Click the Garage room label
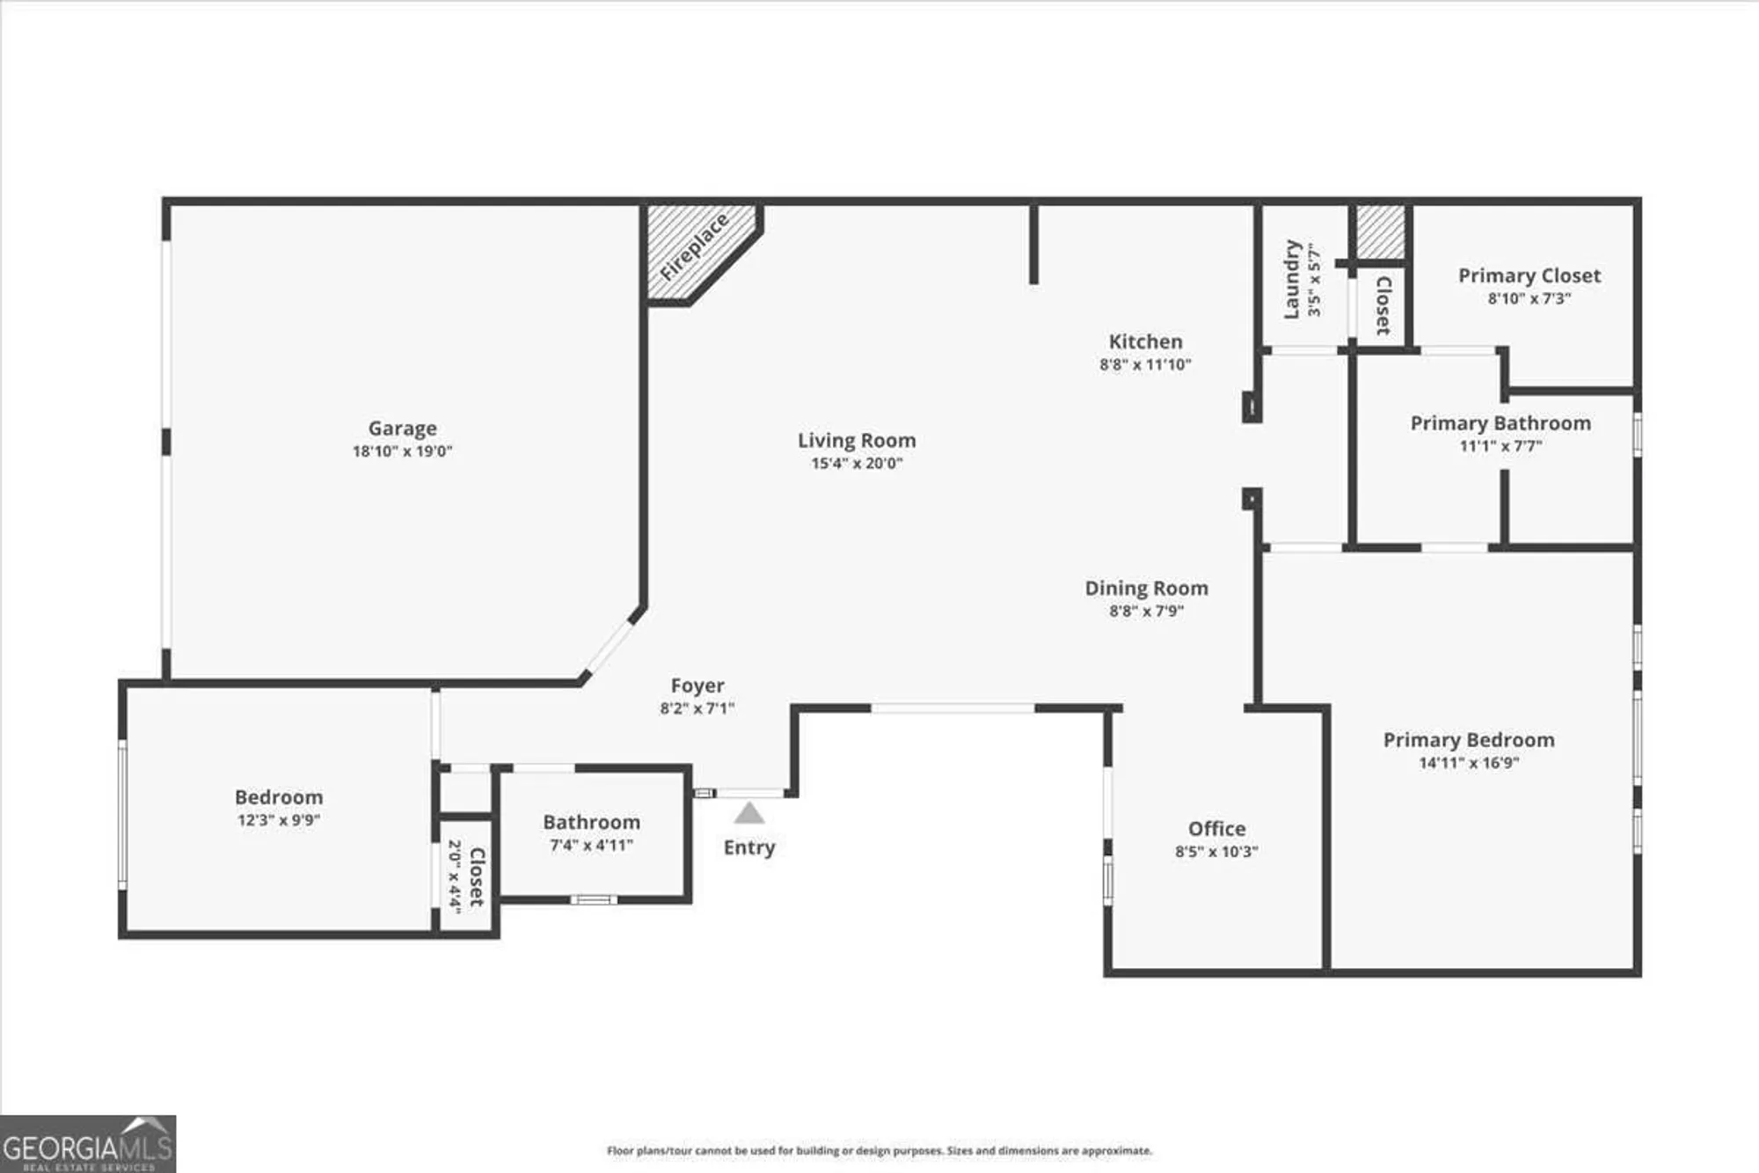[402, 429]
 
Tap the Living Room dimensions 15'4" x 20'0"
[857, 464]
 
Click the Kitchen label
[1145, 341]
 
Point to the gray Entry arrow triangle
[748, 814]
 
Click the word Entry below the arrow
[748, 847]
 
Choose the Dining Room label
[1146, 588]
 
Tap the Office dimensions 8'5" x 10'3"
[1216, 852]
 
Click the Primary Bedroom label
[1469, 740]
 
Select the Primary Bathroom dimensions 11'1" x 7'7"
[1500, 446]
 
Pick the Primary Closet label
[1529, 275]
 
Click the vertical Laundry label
[1291, 279]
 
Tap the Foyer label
[697, 685]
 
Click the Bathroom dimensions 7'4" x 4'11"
[591, 846]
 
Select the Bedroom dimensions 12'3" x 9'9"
[278, 820]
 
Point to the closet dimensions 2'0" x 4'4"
[455, 876]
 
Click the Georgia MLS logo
[88, 1144]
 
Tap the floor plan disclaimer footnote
[879, 1151]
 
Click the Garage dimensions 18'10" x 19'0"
[402, 451]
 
